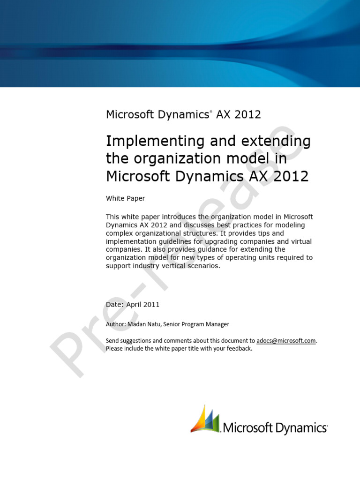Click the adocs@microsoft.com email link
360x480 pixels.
click(286, 341)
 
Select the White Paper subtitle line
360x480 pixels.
click(126, 198)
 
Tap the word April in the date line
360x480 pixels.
click(135, 304)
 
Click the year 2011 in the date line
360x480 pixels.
click(152, 304)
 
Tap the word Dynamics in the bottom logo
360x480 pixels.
click(300, 427)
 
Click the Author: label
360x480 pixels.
click(115, 324)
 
